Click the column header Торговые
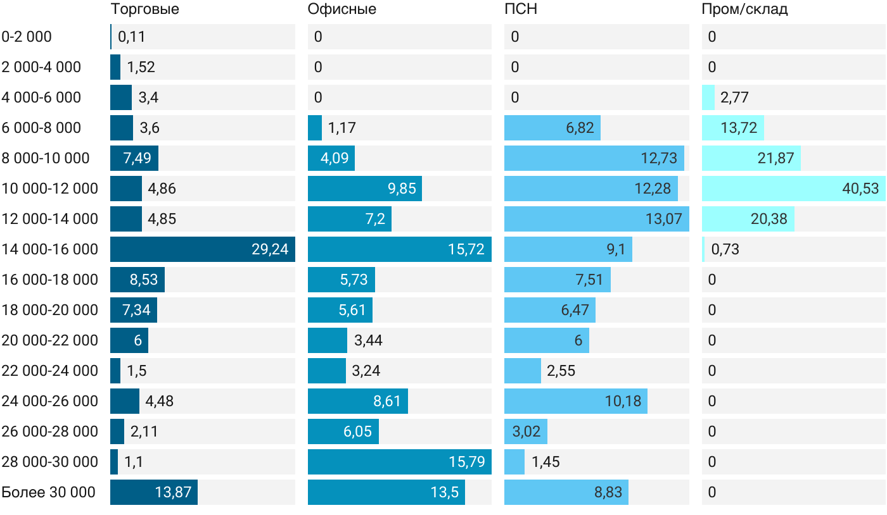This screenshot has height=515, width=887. click(144, 9)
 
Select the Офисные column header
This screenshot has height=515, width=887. click(341, 9)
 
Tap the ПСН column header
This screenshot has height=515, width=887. click(521, 9)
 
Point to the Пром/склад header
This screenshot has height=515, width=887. click(744, 9)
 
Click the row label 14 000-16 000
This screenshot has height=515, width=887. click(50, 249)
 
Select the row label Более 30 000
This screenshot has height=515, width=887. click(48, 492)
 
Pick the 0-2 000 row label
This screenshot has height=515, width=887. click(27, 37)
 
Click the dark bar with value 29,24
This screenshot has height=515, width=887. click(203, 249)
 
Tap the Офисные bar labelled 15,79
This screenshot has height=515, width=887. click(400, 462)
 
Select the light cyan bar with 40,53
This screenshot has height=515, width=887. click(793, 189)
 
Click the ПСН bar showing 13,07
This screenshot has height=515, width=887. click(597, 219)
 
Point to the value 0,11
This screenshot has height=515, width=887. click(132, 37)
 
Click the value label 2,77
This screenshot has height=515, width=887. click(734, 97)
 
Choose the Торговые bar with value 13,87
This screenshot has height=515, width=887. click(154, 492)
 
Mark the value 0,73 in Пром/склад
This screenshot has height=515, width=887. click(725, 249)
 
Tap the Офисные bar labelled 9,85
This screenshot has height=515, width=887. click(365, 189)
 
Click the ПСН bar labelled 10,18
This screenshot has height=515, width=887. click(576, 401)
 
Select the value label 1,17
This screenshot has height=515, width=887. click(341, 128)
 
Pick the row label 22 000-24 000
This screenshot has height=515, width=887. click(50, 371)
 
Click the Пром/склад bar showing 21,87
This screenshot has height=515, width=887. click(751, 158)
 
